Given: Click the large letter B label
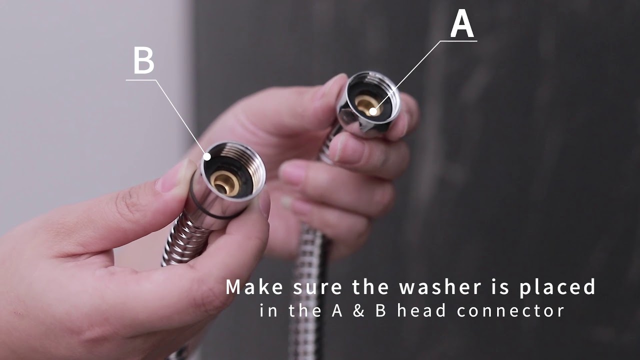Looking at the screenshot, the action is click(x=143, y=60).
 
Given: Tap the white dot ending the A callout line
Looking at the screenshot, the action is click(x=373, y=111).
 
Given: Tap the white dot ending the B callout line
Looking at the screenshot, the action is click(x=207, y=156).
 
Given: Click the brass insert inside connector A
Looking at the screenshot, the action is click(x=368, y=105).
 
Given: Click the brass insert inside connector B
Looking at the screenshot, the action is click(x=225, y=183).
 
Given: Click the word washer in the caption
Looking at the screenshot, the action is click(x=440, y=287).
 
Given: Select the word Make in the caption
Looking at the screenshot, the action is click(x=254, y=287).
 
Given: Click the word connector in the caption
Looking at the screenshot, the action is click(x=510, y=310).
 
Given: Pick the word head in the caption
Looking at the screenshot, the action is click(x=421, y=310).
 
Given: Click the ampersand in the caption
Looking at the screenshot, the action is click(x=358, y=310).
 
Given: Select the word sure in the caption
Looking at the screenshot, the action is click(x=317, y=288).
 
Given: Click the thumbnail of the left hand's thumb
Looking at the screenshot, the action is click(x=173, y=176).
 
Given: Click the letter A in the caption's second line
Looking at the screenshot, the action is click(x=337, y=310).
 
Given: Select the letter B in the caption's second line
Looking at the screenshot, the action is click(x=380, y=310).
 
